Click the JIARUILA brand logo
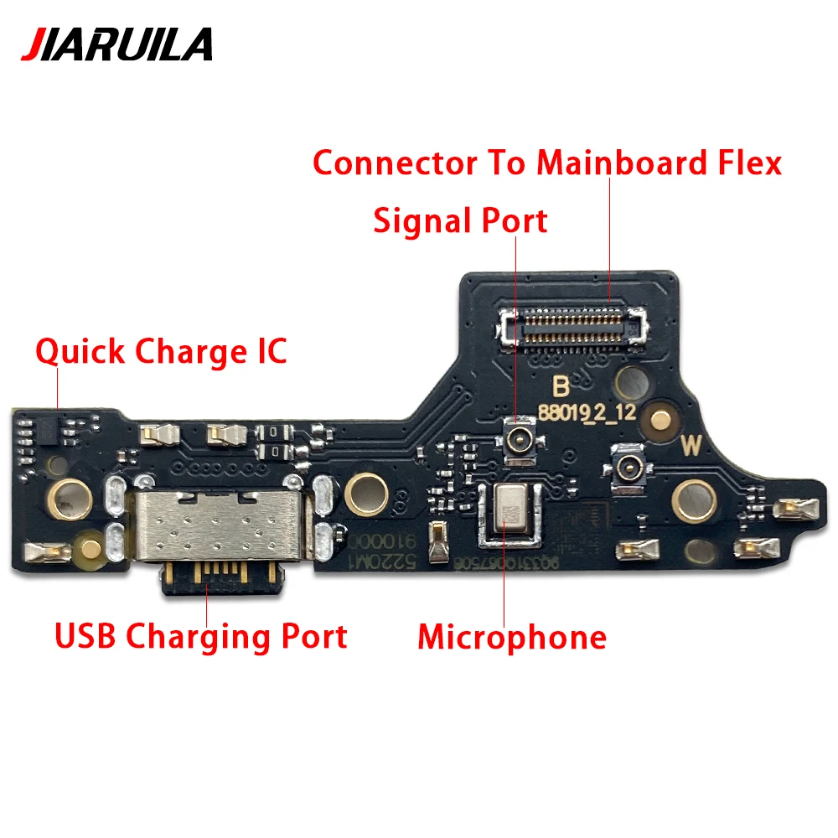pos(116,44)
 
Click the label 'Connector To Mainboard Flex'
pos(546,163)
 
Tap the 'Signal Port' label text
pos(460,221)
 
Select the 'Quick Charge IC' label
pos(161,351)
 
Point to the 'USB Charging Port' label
pos(200,636)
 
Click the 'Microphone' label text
pos(512,638)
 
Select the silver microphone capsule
pos(508,509)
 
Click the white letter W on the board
pos(691,446)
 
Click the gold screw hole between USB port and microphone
pos(361,489)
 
